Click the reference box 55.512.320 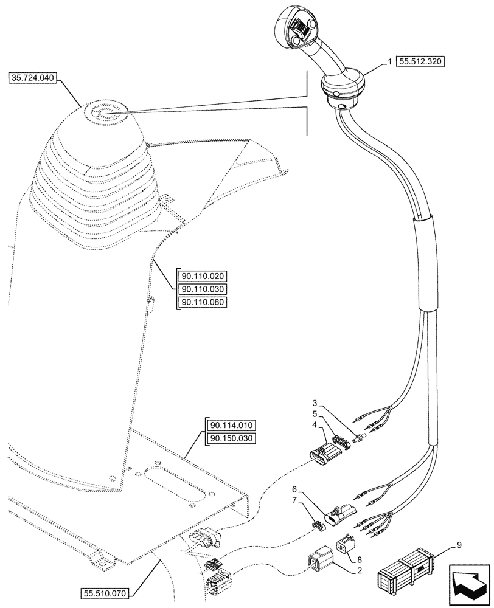tap(421, 61)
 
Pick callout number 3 tap(314, 403)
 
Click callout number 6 tap(293, 489)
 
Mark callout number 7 tap(295, 500)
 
